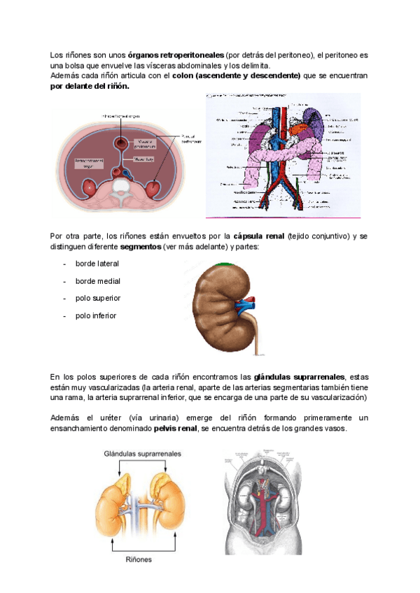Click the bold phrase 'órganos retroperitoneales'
pos(176,54)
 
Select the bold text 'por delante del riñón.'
pos(90,86)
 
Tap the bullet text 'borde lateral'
pos(97,264)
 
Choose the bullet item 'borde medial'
pos(98,281)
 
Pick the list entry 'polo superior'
pos(98,299)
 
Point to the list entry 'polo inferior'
pos(96,316)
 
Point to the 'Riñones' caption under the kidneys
pos(140,559)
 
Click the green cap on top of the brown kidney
pos(225,264)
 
